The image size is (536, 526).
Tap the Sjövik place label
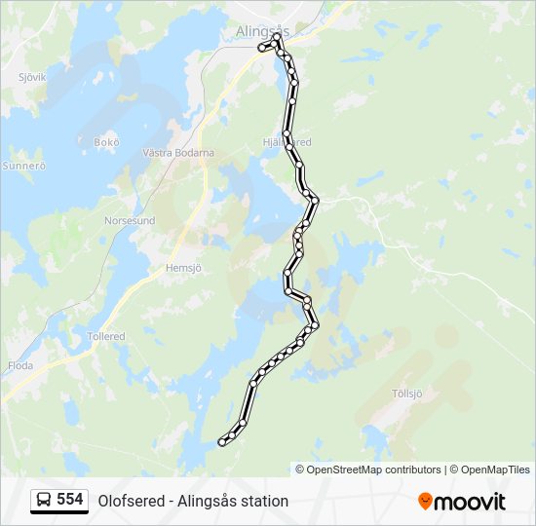(31, 76)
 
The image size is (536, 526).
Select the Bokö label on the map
(106, 142)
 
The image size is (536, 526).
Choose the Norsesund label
(130, 221)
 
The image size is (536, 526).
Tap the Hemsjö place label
(183, 268)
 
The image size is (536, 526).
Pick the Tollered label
(105, 336)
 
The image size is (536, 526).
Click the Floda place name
(19, 366)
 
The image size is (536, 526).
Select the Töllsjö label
(406, 394)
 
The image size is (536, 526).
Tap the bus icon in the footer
(44, 500)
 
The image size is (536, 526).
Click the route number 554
(70, 500)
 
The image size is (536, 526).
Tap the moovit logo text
(471, 502)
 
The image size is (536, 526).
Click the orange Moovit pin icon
(425, 501)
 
